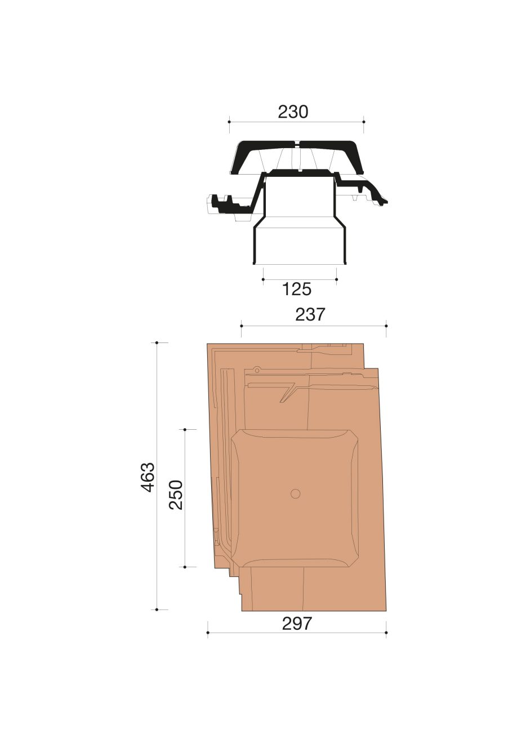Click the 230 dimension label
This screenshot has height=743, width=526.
tap(293, 112)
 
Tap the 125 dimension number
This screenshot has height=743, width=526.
tap(297, 289)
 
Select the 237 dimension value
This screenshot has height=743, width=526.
tap(310, 314)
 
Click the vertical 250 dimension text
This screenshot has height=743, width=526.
tap(176, 495)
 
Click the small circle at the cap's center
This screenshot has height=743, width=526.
tap(295, 493)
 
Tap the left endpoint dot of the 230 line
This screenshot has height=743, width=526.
tap(229, 122)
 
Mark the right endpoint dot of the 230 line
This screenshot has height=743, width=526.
tap(364, 122)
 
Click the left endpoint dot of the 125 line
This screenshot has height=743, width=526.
tap(263, 279)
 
